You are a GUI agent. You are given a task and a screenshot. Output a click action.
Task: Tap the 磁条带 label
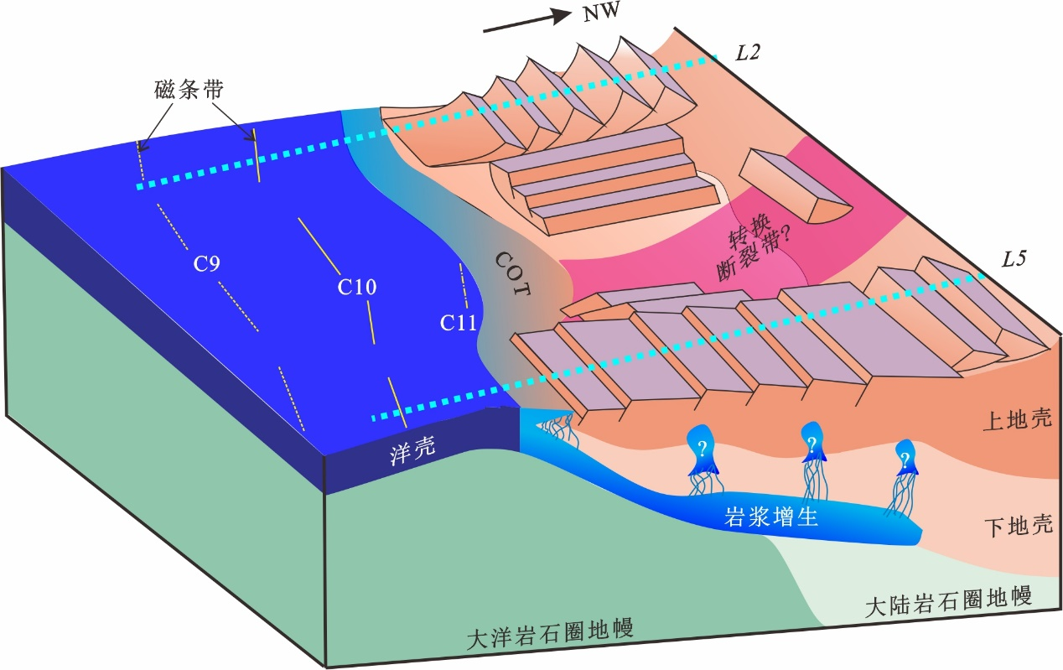click(189, 90)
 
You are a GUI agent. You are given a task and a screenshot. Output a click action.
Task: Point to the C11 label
click(459, 321)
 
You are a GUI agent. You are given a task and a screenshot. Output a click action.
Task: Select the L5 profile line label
click(1015, 259)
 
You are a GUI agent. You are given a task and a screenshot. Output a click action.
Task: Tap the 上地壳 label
click(1016, 420)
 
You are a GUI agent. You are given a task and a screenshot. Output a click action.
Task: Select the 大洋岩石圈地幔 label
click(549, 633)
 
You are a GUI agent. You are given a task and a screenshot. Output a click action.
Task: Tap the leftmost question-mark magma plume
click(703, 448)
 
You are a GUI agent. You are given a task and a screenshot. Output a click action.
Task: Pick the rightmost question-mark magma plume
click(905, 459)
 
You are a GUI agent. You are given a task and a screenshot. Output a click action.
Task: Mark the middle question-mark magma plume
click(811, 444)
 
